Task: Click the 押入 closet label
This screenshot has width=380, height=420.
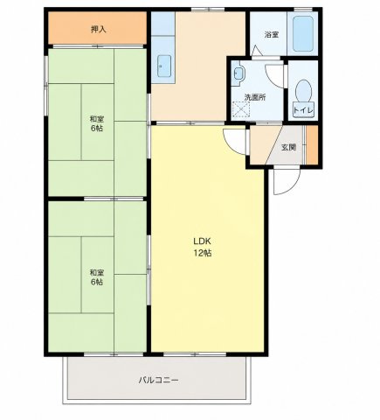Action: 98,29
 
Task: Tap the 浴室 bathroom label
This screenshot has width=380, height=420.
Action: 272,35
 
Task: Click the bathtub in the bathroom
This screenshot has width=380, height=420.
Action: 303,33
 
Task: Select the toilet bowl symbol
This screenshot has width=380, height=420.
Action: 303,91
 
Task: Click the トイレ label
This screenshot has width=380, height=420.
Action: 303,110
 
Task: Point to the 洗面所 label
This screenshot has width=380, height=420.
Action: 255,97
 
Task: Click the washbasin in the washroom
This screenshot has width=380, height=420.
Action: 238,73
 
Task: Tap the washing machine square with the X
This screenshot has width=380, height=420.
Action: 242,109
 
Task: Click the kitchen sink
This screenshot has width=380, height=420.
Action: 165,66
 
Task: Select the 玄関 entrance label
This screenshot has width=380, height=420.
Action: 288,147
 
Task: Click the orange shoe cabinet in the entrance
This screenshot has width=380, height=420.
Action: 312,144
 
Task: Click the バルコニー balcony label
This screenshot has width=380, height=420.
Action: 158,381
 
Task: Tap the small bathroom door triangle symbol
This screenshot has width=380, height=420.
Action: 257,51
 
